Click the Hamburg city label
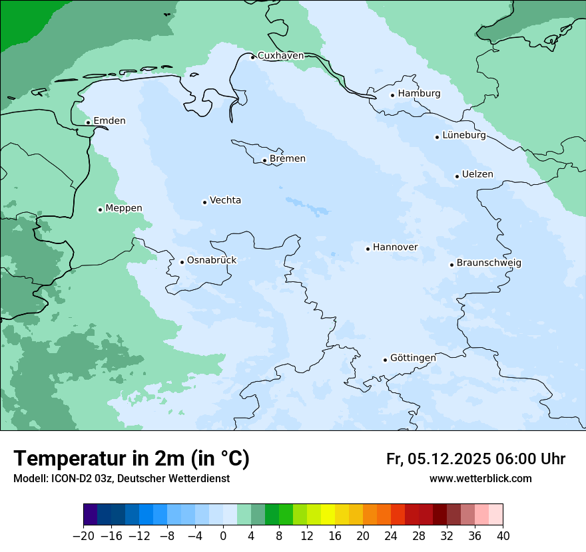419,94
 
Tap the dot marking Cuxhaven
252,57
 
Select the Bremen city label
288,159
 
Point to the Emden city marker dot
88,122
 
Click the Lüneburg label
463,136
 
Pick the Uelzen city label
477,175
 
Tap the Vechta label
225,201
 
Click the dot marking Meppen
100,209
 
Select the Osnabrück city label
212,261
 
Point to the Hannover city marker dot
368,249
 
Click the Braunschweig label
489,263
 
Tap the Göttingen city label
413,358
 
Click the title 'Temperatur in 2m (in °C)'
131,458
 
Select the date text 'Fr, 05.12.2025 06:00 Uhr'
475,459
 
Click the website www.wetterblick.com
480,478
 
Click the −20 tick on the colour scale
84,536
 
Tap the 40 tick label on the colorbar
503,536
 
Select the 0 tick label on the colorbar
223,536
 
